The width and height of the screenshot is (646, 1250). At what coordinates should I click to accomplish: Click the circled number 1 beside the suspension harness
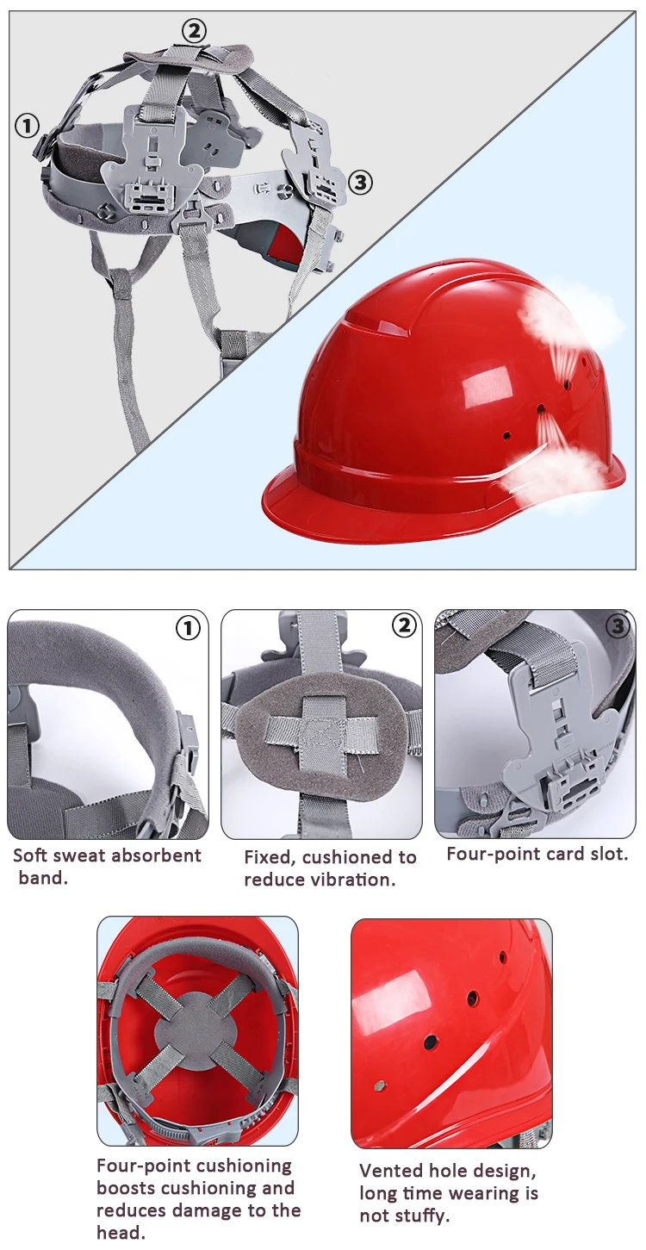click(x=27, y=126)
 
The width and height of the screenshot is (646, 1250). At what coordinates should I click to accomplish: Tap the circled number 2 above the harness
click(x=194, y=31)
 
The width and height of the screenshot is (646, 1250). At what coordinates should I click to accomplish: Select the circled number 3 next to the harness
click(x=360, y=183)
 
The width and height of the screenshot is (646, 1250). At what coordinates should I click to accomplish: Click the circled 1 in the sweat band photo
click(x=188, y=629)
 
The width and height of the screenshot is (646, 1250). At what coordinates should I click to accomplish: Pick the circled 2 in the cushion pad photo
click(x=405, y=625)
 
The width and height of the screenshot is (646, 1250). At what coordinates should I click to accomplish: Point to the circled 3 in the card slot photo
click(x=618, y=626)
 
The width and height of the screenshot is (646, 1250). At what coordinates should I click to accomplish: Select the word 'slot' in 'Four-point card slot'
click(x=604, y=854)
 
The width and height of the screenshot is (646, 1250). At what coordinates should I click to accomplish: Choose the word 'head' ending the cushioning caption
click(x=120, y=1233)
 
